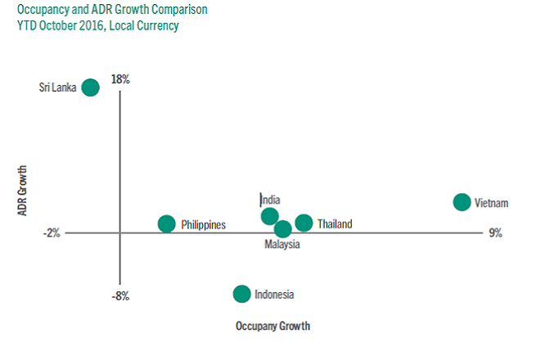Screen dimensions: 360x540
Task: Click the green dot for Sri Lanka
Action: pos(91,87)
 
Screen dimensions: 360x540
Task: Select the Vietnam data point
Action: pos(461,202)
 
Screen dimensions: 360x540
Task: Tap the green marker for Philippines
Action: pos(167,223)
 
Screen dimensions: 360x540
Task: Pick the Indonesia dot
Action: pos(241,294)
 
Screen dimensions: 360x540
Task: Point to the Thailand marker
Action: pos(304,223)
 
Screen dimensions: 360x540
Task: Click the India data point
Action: pos(269,216)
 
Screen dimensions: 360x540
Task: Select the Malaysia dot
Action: pos(283,229)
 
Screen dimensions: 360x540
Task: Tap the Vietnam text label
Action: pos(492,203)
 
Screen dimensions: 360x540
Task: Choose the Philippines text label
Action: pos(204,224)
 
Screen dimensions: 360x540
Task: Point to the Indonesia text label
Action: pos(274,295)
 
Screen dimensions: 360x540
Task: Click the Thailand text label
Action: pos(335,223)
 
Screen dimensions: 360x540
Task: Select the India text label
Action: pos(270,200)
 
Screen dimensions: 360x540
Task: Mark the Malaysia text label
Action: pos(282,245)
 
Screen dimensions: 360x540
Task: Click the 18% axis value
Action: pos(120,79)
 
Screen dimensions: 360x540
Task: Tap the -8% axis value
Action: pos(120,295)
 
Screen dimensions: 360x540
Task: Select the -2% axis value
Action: pos(52,233)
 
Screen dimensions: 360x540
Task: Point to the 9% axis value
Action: pos(495,233)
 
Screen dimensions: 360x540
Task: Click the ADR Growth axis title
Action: pos(24,191)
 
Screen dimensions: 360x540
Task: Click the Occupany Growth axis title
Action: pos(272,326)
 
